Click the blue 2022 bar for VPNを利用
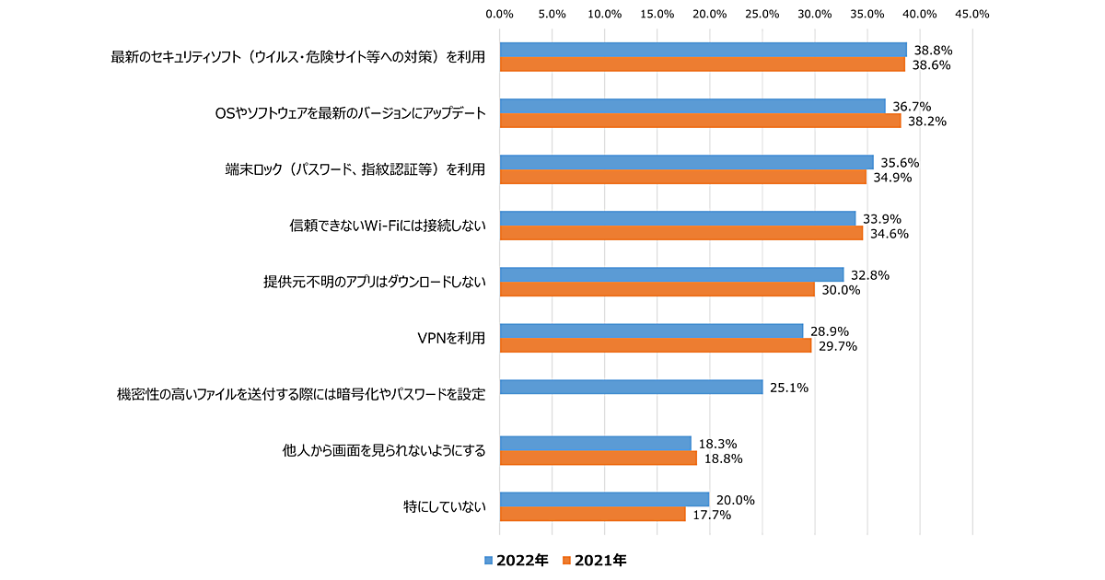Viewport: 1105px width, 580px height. pyautogui.click(x=651, y=331)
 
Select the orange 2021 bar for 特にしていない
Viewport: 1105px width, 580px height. pyautogui.click(x=592, y=514)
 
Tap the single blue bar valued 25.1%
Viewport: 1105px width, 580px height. pyautogui.click(x=631, y=387)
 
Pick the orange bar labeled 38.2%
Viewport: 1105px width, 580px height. pyautogui.click(x=700, y=121)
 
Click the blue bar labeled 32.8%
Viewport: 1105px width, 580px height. pyautogui.click(x=671, y=274)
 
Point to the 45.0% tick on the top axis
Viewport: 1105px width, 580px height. pyautogui.click(x=972, y=14)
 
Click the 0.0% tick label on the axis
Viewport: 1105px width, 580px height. pyautogui.click(x=499, y=14)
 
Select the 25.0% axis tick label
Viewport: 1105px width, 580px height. pyautogui.click(x=762, y=14)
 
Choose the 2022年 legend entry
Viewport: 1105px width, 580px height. pyautogui.click(x=517, y=560)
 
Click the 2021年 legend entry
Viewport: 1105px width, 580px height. pyautogui.click(x=595, y=560)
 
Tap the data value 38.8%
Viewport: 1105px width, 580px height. pyautogui.click(x=933, y=50)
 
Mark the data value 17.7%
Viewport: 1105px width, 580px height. pyautogui.click(x=712, y=515)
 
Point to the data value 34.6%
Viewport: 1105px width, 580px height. pyautogui.click(x=890, y=234)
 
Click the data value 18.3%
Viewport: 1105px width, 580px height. pyautogui.click(x=717, y=443)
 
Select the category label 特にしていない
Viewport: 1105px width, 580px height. pyautogui.click(x=444, y=506)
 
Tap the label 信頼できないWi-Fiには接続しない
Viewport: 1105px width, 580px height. pyautogui.click(x=388, y=226)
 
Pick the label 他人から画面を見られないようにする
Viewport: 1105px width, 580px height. pyautogui.click(x=383, y=450)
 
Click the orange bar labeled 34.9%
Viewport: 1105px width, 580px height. pyautogui.click(x=682, y=177)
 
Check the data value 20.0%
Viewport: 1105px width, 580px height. pyautogui.click(x=736, y=500)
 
